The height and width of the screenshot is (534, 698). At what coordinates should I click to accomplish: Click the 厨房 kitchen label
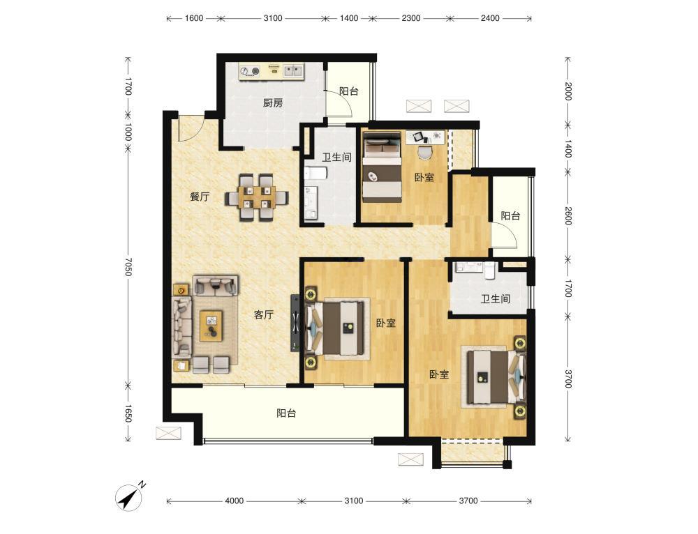pos(272,103)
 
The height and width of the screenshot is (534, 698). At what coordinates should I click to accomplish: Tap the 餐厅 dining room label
pos(200,197)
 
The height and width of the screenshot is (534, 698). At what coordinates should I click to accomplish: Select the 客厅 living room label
pos(264,315)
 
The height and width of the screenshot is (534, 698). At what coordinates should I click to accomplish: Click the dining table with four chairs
pos(256,197)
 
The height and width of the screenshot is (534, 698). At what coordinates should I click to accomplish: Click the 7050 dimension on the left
pos(128,266)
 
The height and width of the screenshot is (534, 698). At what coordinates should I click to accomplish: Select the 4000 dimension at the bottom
pos(234,501)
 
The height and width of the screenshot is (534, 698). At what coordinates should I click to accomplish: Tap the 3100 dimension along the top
pos(273,18)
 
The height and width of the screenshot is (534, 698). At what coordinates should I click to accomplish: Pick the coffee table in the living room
pos(211,326)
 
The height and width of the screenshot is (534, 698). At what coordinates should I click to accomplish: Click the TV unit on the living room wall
pos(295,322)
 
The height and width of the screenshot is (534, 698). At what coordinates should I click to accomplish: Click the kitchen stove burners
pos(249,71)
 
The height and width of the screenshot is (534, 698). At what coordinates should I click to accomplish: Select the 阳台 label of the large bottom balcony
pos(286,413)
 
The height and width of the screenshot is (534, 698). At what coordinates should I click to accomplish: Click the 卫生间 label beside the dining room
pos(337,158)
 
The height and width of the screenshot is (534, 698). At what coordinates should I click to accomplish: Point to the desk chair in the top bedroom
pos(425,153)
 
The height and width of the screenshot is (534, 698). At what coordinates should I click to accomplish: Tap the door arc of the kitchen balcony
pos(343,103)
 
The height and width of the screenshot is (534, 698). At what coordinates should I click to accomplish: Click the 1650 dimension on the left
pos(128,413)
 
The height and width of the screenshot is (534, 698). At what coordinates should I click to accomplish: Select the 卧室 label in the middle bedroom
pos(385,323)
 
